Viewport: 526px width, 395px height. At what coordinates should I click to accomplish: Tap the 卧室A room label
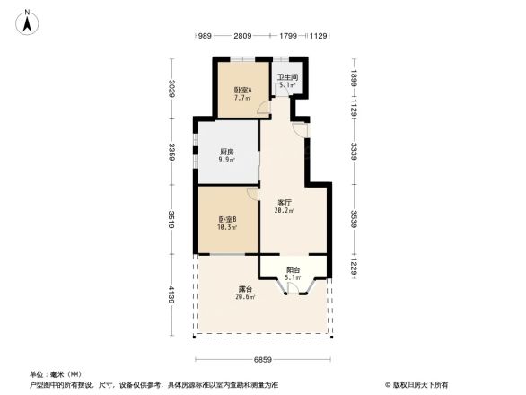[242, 90]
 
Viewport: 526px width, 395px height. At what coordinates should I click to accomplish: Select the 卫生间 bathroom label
[287, 78]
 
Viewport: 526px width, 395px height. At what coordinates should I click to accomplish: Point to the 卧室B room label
[226, 220]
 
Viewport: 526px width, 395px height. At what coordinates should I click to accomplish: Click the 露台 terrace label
[245, 289]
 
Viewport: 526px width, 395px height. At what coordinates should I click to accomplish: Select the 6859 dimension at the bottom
[262, 359]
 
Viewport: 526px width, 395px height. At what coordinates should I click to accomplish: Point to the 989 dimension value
[204, 36]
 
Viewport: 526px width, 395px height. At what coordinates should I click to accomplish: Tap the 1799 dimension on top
[287, 36]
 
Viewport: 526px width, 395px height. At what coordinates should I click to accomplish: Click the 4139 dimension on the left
[171, 295]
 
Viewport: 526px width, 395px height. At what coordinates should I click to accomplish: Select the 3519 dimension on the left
[171, 220]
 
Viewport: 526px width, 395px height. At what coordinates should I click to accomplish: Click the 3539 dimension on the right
[355, 220]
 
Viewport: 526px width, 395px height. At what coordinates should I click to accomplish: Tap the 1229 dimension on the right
[355, 267]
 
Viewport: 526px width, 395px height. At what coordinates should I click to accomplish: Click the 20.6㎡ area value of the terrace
[245, 297]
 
